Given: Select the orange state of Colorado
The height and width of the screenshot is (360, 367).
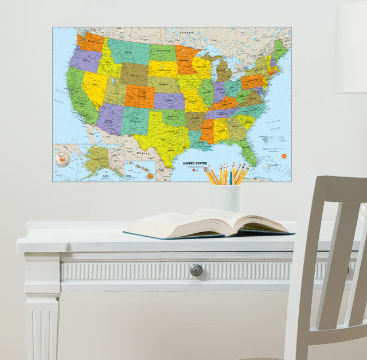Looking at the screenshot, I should (139, 96).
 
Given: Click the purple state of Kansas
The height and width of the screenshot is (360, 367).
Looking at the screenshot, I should (170, 101).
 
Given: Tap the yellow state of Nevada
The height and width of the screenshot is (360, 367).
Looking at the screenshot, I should (93, 86).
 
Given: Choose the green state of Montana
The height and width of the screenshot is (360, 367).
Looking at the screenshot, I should (128, 50).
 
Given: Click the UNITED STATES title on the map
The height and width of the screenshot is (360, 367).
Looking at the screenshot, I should (197, 163).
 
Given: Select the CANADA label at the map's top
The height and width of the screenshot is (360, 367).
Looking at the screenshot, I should (185, 33).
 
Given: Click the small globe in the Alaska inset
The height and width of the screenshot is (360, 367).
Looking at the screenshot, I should (61, 159).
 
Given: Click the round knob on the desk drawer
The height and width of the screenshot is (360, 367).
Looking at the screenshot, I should (196, 269).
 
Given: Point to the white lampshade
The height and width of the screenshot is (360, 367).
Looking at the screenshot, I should (350, 46).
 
